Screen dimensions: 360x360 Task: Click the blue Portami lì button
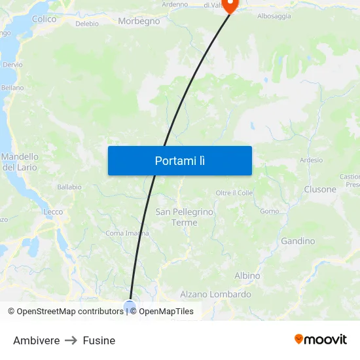[x=179, y=160]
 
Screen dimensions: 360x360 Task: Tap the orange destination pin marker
[x=230, y=5]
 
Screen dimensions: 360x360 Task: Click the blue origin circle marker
[x=130, y=306]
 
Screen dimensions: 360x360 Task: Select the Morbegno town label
[x=139, y=21]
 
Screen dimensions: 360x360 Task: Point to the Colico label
[x=44, y=19]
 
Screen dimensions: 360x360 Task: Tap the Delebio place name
[x=87, y=24]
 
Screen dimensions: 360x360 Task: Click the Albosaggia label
[x=274, y=16]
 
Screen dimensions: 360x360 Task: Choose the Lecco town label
[x=53, y=212]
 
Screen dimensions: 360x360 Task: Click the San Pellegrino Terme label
[x=184, y=217]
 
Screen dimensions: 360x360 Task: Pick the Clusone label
[x=320, y=189]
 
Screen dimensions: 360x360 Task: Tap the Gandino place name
[x=298, y=241]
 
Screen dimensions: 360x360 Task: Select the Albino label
[x=247, y=276]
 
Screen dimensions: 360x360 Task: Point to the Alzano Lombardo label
[x=215, y=295]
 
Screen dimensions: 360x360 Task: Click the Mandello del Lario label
[x=20, y=162]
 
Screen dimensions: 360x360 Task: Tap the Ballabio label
[x=69, y=187]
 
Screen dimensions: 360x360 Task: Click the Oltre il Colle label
[x=234, y=192]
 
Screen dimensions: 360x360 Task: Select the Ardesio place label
[x=311, y=160]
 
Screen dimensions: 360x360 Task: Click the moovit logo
[x=321, y=340]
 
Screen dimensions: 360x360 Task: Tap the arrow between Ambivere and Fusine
[x=71, y=340]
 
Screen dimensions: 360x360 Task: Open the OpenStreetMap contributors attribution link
[x=70, y=312]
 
